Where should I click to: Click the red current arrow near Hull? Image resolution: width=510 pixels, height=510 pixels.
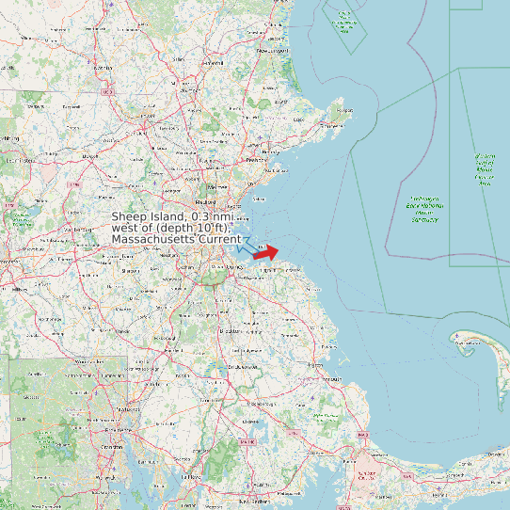(x=266, y=252)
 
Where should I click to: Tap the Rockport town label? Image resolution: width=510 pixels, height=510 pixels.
(x=343, y=110)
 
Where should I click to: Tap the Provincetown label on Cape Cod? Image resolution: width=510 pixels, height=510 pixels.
(x=467, y=344)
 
